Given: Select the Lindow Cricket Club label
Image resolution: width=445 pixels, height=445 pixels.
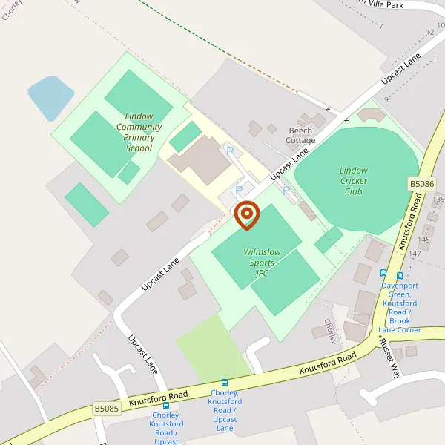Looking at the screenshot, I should click(x=354, y=181).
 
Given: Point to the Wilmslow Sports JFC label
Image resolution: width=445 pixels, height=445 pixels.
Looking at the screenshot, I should click(x=262, y=263).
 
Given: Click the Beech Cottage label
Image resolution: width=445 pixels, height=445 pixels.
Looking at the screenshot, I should click(x=301, y=136).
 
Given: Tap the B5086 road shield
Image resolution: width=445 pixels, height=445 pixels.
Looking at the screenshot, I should click(x=421, y=183).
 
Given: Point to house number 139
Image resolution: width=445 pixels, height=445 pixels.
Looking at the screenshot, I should click(x=438, y=200).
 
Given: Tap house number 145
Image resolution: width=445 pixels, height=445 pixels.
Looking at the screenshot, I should click(x=423, y=239).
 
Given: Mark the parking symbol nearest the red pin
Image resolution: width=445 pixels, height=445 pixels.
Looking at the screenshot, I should click(x=238, y=191).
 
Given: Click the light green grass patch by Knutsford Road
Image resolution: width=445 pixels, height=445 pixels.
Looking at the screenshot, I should click(x=211, y=349).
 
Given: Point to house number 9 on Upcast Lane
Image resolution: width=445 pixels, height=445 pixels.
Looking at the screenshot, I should click(x=386, y=99).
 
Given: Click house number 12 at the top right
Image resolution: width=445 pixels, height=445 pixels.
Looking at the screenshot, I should click(x=429, y=32).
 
